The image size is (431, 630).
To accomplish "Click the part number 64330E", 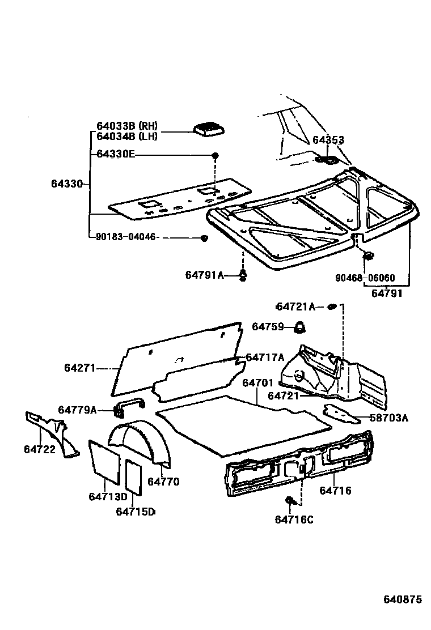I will (x=116, y=154).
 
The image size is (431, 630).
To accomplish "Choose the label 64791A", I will (x=205, y=275).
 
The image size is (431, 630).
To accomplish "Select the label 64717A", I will (x=264, y=357).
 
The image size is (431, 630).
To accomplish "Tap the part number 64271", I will (x=79, y=368).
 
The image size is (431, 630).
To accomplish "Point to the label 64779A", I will (x=78, y=410).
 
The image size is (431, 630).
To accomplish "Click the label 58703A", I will (x=388, y=419).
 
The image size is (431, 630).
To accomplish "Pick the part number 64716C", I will (x=294, y=520).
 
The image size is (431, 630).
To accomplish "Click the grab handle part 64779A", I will (x=129, y=404).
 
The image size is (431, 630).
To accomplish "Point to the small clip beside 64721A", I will (x=332, y=307).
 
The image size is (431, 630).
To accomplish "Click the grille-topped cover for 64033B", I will (x=208, y=129).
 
